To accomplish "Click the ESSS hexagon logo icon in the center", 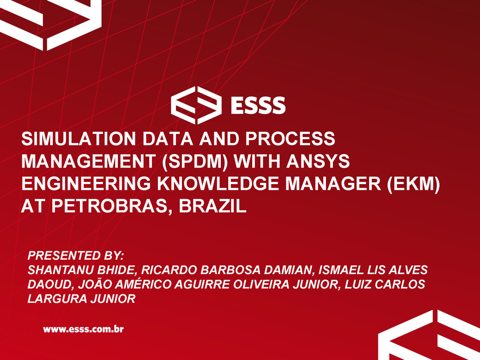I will (196, 105).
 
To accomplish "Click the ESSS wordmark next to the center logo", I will (258, 105).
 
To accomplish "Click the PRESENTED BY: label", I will (75, 255).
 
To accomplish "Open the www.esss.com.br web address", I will (83, 330).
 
